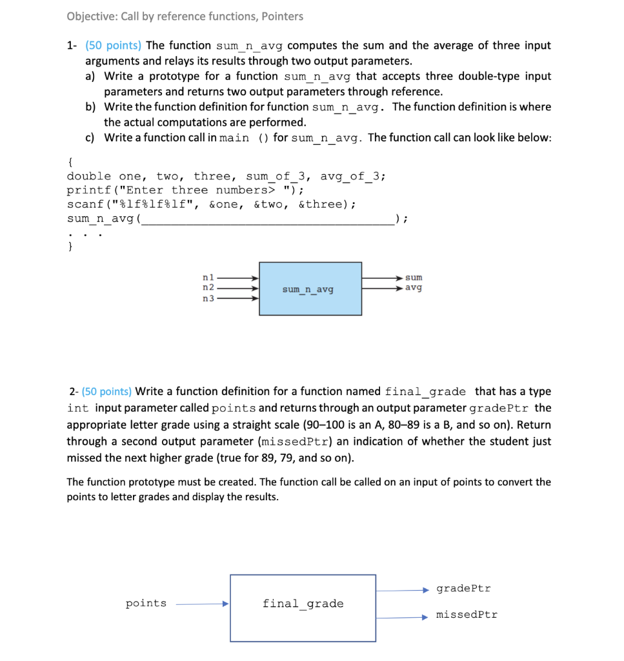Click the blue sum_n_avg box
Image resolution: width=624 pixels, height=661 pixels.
(310, 289)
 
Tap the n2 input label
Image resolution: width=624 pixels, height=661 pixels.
(208, 287)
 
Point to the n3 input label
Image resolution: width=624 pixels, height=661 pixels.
(208, 298)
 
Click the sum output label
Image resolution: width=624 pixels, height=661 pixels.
(414, 278)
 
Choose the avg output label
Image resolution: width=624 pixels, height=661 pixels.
(414, 287)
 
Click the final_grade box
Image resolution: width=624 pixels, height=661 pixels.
(303, 607)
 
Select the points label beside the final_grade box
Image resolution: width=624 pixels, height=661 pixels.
(146, 604)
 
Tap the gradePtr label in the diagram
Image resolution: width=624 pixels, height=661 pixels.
(463, 589)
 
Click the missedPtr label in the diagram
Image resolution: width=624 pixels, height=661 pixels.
(467, 615)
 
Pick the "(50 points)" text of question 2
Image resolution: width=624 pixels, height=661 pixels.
(106, 391)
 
